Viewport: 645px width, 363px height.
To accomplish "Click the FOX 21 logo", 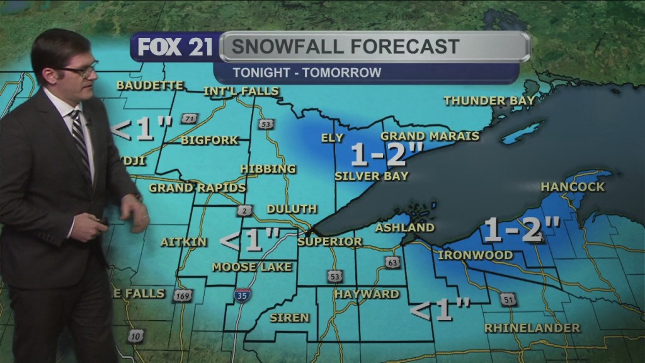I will [175, 47].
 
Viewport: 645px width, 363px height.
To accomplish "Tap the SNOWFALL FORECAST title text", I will [343, 47].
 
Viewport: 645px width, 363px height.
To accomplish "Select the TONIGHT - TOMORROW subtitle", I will [306, 72].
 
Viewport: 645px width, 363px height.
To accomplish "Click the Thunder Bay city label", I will [489, 101].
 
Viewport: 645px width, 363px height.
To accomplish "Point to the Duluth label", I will [292, 209].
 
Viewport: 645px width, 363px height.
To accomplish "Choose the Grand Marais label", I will [430, 136].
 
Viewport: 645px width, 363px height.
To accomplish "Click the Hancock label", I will [573, 187].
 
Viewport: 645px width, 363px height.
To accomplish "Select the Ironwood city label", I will [475, 255].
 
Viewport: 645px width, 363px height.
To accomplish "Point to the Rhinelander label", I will [532, 328].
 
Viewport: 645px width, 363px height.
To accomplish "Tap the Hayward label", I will [367, 294].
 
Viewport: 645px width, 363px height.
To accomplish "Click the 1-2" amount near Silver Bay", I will [387, 154].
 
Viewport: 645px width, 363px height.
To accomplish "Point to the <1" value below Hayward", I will [440, 310].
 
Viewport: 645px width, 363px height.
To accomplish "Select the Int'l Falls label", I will [241, 91].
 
